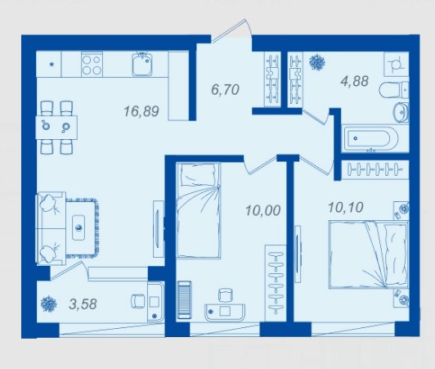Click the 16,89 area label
click(x=141, y=111)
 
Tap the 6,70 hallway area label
click(x=225, y=90)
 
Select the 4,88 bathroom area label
click(x=355, y=81)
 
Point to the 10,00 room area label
click(x=263, y=210)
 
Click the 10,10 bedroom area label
click(x=346, y=207)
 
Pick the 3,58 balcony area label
click(x=83, y=304)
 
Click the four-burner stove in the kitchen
click(x=92, y=65)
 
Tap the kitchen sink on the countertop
click(x=142, y=65)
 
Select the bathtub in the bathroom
click(x=370, y=138)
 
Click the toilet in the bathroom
click(x=393, y=90)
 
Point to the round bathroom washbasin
click(x=401, y=112)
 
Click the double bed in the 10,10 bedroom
click(x=368, y=254)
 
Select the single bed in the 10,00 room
click(x=199, y=210)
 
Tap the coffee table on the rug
click(x=78, y=227)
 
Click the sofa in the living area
click(x=51, y=228)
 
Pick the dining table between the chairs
click(x=56, y=127)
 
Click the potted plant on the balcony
click(x=49, y=304)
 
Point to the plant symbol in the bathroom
click(x=317, y=62)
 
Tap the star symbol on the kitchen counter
click(x=52, y=65)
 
